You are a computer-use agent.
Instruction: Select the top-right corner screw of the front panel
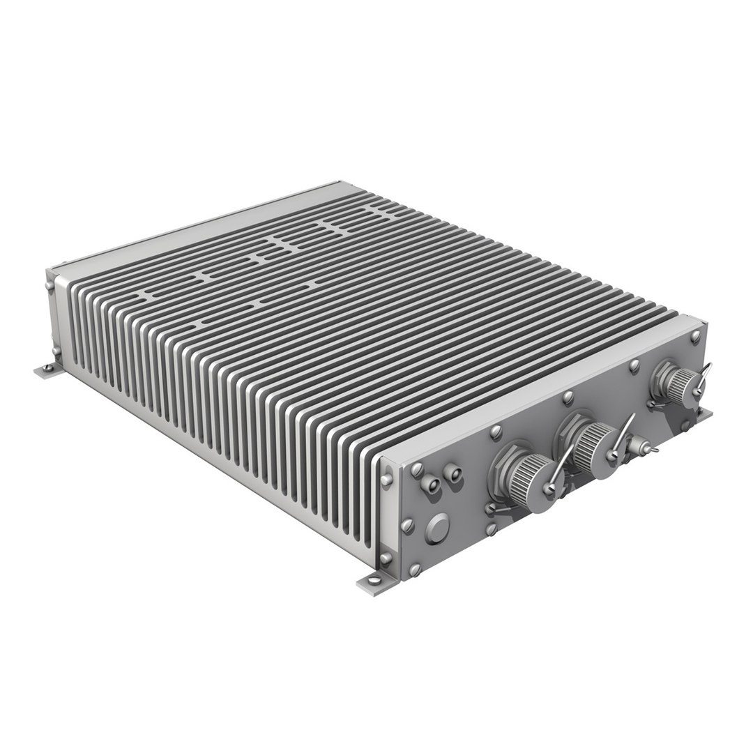[x=695, y=335]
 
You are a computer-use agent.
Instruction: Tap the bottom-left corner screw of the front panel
[x=414, y=570]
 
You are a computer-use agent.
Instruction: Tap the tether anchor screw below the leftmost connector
[x=491, y=509]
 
